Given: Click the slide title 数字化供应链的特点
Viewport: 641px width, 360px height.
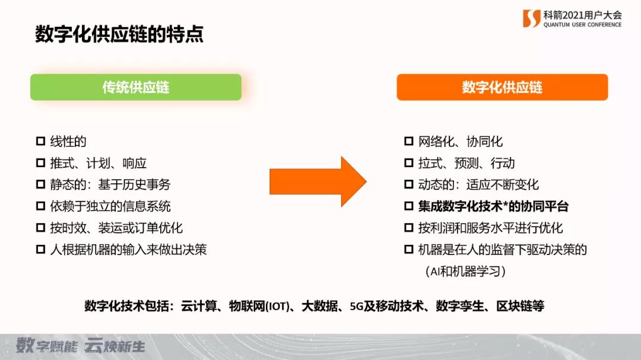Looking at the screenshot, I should [x=119, y=34].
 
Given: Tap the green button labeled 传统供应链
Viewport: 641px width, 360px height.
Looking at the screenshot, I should [x=136, y=87].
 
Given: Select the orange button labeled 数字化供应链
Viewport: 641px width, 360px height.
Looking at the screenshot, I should [x=502, y=87].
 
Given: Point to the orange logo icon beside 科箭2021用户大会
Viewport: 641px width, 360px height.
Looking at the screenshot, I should [x=531, y=18].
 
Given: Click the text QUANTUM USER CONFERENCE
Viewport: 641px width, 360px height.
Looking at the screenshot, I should [x=582, y=25].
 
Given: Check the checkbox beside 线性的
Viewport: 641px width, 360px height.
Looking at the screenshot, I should [x=41, y=142].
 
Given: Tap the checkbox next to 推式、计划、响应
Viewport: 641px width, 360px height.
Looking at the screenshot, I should [x=41, y=163].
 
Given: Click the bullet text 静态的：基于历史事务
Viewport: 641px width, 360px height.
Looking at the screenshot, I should [x=110, y=184].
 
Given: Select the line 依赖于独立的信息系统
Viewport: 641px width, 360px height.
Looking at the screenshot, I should [x=110, y=206].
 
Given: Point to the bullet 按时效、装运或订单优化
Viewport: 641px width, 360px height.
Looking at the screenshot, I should [x=116, y=228].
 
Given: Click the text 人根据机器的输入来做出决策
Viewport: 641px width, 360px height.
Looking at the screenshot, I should [x=128, y=249].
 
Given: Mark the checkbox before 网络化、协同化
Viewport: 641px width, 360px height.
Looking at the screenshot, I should [x=409, y=142].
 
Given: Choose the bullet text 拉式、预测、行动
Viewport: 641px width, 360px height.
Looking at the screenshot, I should [x=467, y=163].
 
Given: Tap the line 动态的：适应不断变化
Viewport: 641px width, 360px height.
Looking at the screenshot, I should [x=478, y=184].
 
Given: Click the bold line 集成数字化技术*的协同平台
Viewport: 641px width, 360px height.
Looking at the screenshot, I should [x=493, y=206].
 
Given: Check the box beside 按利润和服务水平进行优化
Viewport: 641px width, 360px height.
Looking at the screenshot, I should [x=409, y=228].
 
